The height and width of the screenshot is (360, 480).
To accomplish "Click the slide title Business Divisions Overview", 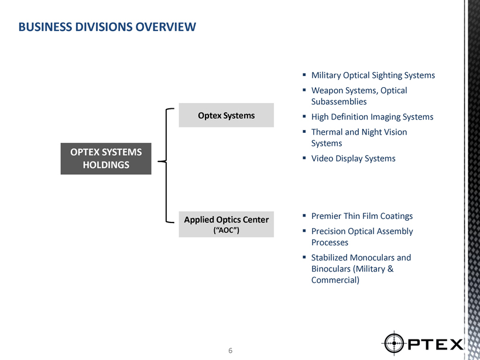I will (107, 27).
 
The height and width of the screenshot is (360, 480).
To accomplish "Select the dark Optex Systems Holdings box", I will (106, 159).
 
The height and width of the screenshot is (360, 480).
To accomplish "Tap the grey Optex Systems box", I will (227, 115).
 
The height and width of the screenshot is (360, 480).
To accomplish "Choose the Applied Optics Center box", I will (227, 224).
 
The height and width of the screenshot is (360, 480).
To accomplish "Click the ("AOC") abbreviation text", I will (226, 230).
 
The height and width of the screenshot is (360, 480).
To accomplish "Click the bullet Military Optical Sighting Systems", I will (373, 76).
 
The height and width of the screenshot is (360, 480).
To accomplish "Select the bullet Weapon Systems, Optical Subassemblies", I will (359, 96).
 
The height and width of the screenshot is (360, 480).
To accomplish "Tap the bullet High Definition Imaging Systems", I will (372, 117).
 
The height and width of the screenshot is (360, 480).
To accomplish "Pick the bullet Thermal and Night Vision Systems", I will (359, 138).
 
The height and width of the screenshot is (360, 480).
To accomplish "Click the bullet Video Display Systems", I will (354, 159).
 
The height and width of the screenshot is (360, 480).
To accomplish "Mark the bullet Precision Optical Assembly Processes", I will (362, 236).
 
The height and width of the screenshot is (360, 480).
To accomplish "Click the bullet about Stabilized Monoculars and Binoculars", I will (361, 269).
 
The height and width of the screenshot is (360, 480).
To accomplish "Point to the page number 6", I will (231, 351).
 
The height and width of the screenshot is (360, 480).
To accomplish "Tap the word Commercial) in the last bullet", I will (335, 280).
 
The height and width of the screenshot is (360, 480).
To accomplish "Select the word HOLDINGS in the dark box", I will (106, 165).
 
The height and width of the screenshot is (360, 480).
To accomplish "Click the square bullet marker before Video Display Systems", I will (305, 159).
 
